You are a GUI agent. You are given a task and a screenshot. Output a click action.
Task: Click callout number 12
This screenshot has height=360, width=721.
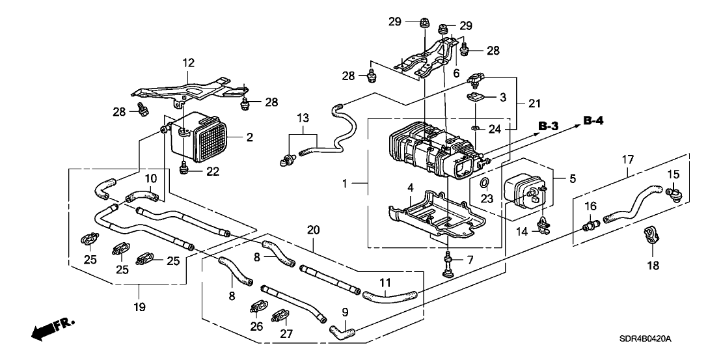click(x=188, y=63)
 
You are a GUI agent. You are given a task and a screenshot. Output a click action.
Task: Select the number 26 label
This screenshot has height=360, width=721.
click(x=258, y=325)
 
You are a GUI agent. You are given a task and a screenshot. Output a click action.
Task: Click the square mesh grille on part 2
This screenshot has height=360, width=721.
click(x=208, y=141)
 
